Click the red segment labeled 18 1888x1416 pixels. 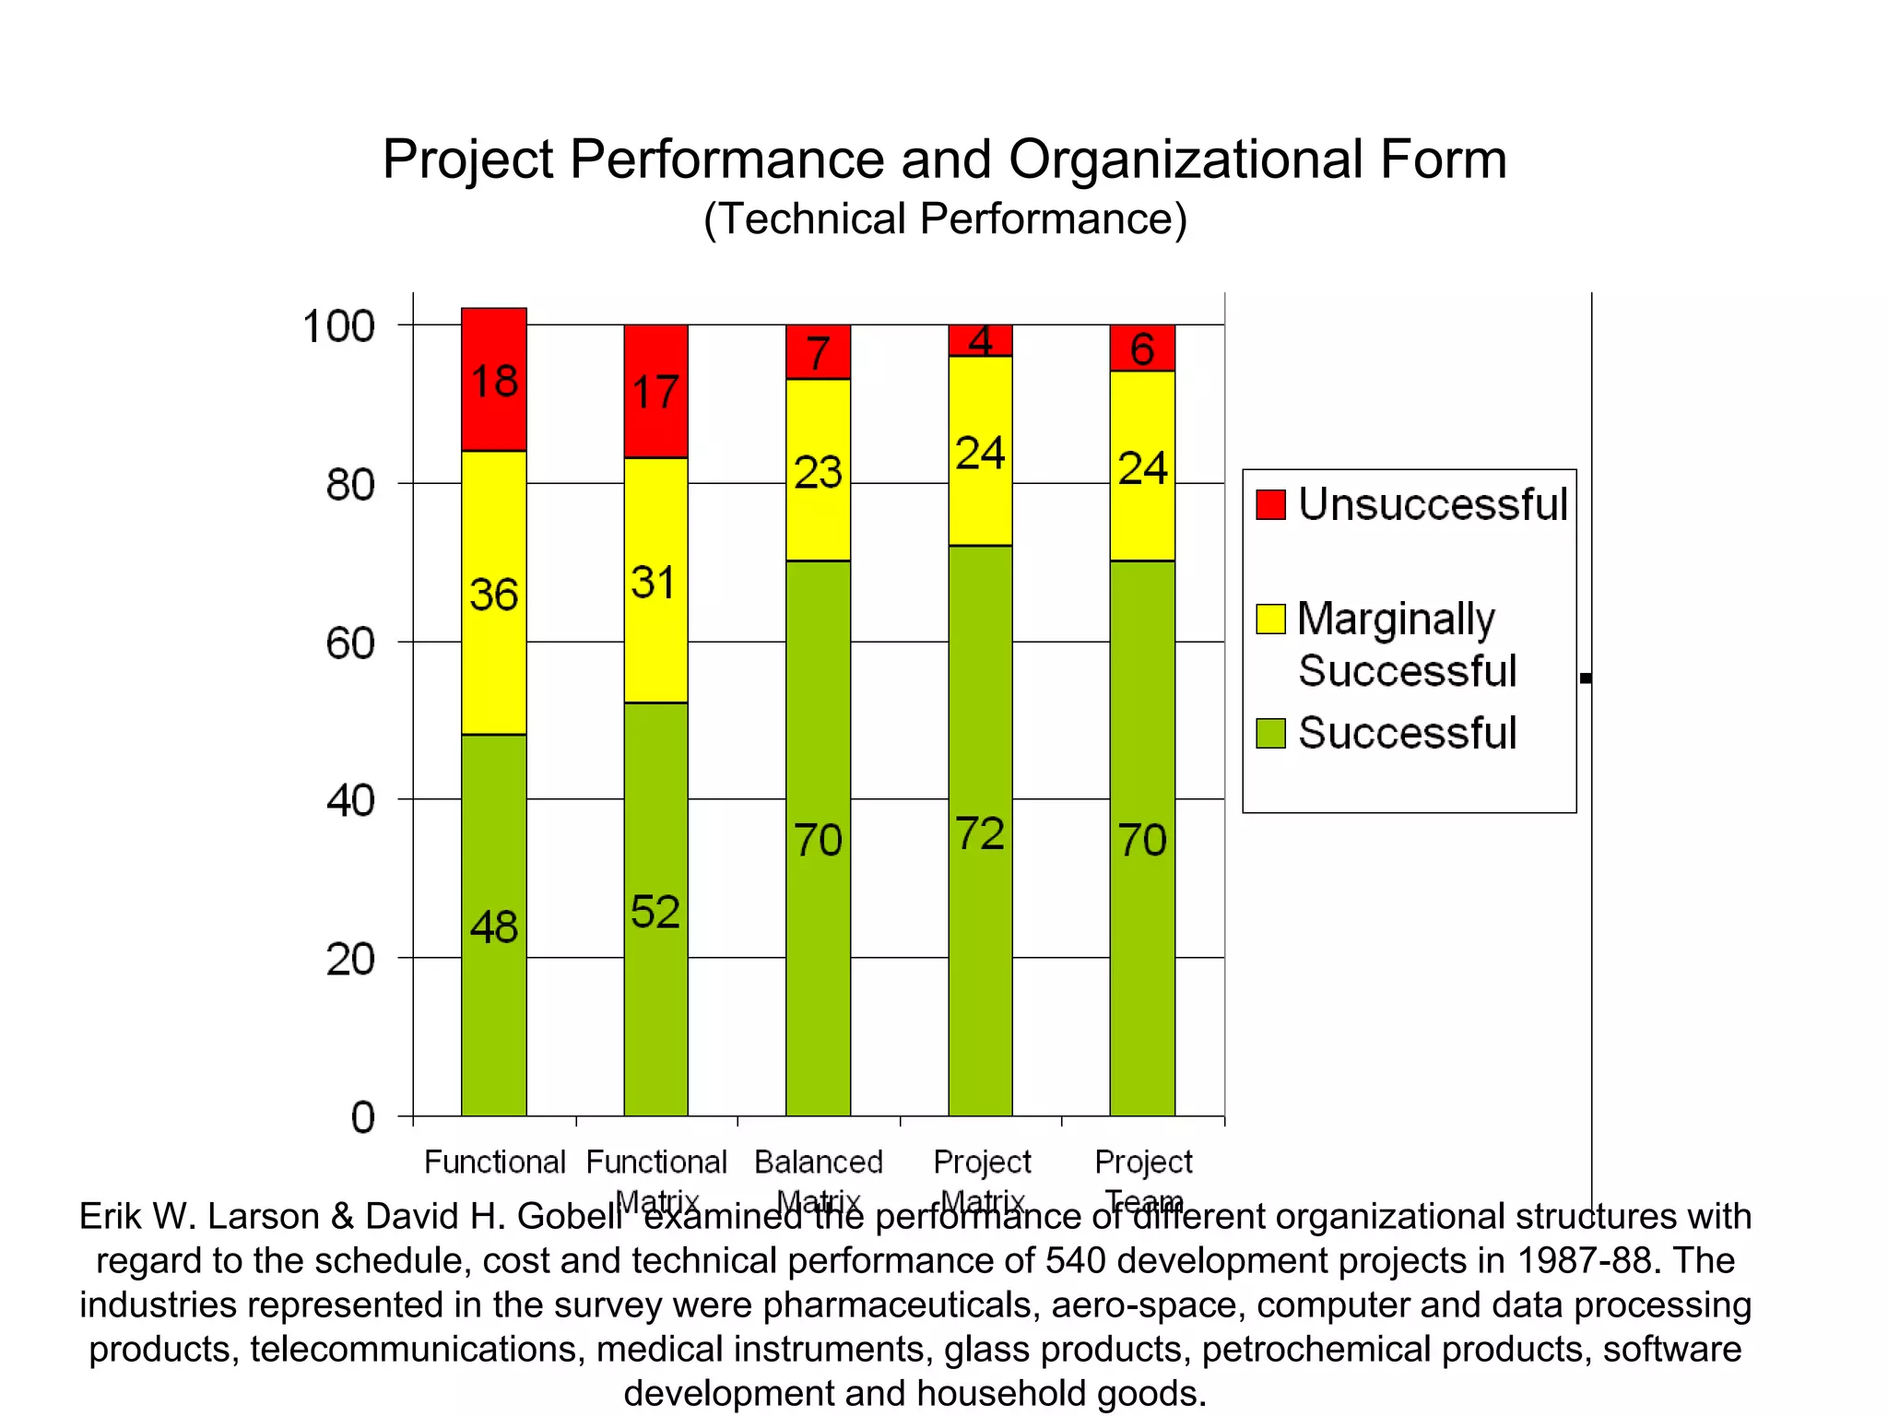(x=493, y=380)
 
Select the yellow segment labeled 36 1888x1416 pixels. (x=493, y=592)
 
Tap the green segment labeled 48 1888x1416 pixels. (x=493, y=925)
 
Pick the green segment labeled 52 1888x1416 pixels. (x=655, y=909)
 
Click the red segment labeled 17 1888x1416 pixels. (x=655, y=391)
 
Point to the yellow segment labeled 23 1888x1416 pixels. (x=818, y=470)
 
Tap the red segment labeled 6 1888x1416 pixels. (x=1142, y=348)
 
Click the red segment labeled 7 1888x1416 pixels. (x=818, y=351)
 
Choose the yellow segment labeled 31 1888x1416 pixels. (x=655, y=581)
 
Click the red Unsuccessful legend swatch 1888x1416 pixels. (x=1270, y=504)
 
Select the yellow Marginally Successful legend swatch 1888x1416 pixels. (x=1270, y=619)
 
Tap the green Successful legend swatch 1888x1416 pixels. (x=1270, y=733)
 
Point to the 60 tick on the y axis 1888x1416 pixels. (x=350, y=643)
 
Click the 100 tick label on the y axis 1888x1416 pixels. (x=338, y=326)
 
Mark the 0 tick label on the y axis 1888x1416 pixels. (x=363, y=1117)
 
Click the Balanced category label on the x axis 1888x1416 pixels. (x=818, y=1162)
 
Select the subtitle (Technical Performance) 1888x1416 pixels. (x=945, y=219)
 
